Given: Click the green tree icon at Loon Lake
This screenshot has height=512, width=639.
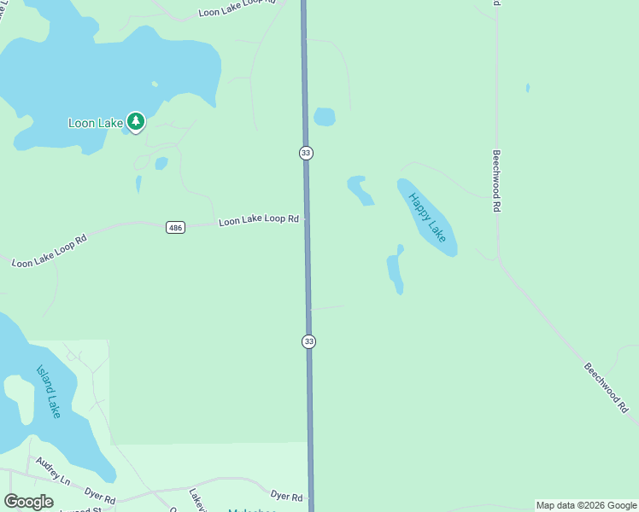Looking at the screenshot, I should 135,121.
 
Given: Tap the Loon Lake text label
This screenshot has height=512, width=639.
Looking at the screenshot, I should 96,123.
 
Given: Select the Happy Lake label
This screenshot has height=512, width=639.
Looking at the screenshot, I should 427,217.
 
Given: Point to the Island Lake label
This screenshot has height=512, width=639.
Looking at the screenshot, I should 49,392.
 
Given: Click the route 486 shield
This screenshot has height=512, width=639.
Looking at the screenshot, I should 175,227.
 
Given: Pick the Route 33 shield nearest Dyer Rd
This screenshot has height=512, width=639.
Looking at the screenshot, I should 308,341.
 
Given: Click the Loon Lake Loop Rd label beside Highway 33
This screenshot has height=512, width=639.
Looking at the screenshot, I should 258,220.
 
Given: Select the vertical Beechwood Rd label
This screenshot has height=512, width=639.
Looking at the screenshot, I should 495,181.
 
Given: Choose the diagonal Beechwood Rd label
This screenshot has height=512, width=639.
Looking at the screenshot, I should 606,388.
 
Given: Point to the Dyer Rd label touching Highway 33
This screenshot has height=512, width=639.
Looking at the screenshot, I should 286,497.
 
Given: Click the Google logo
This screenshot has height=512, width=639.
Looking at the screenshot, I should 28,502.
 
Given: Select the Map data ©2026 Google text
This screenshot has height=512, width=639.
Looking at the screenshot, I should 586,505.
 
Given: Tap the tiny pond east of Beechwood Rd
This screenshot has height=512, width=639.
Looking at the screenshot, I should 527,88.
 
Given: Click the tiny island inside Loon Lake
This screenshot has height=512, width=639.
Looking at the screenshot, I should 155,84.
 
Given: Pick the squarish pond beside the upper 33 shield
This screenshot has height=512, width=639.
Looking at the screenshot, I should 325,116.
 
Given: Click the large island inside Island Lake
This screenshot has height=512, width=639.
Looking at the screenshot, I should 19,395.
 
